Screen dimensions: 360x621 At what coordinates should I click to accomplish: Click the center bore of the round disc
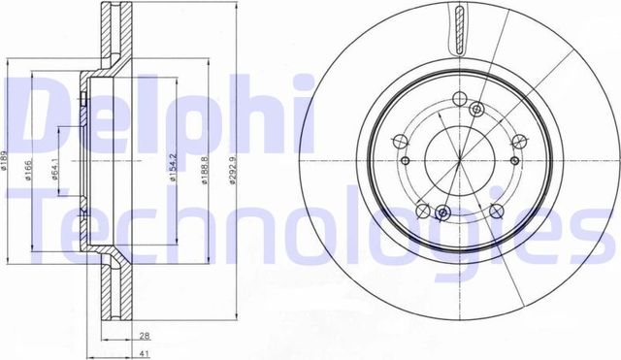pos(459,159)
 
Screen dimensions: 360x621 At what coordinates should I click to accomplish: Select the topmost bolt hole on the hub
pos(477,108)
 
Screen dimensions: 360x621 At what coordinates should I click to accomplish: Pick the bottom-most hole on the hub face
pos(442,213)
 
